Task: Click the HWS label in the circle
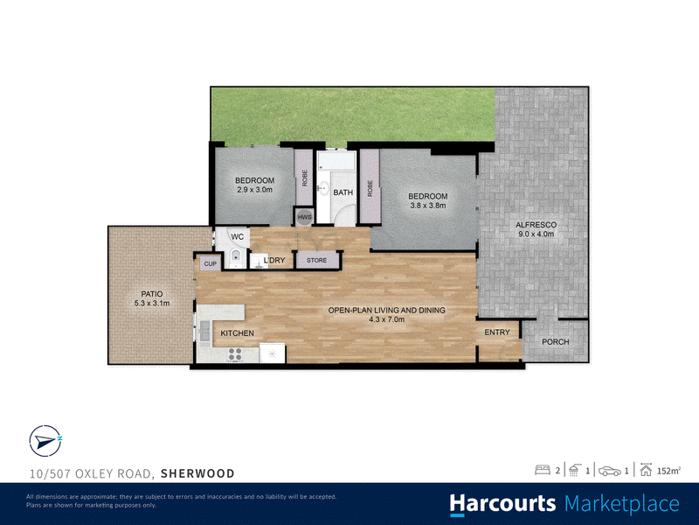click(304, 217)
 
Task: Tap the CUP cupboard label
click(210, 264)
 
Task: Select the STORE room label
click(316, 260)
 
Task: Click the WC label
click(237, 236)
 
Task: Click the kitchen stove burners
click(235, 354)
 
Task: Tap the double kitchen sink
click(204, 333)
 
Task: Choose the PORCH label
click(556, 341)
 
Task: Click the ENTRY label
click(496, 332)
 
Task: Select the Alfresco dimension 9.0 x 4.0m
click(536, 234)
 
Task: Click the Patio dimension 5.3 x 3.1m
click(152, 303)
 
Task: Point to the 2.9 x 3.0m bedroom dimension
click(254, 189)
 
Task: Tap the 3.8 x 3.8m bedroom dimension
click(428, 206)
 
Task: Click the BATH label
click(343, 192)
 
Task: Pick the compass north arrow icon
click(45, 441)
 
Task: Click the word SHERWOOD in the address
click(197, 473)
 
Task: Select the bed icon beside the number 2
click(543, 470)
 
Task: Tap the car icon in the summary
click(610, 471)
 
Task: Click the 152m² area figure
click(669, 471)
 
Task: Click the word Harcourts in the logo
click(503, 504)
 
